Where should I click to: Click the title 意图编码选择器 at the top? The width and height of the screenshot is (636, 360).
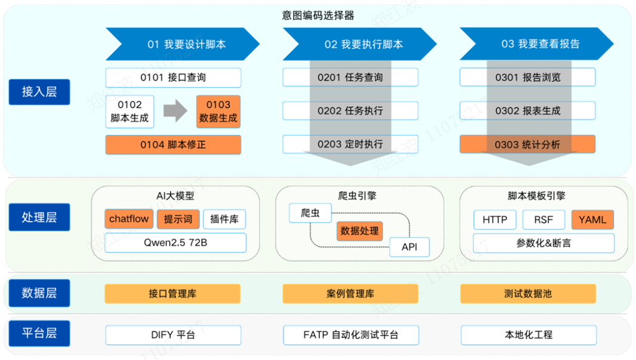coord(318,16)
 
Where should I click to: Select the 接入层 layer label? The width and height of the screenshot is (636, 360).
coord(39,92)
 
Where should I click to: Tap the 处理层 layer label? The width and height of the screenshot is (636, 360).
coord(39,217)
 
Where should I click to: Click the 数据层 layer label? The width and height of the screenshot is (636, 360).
coord(39,293)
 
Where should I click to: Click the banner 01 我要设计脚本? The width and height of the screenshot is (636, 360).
coord(183,44)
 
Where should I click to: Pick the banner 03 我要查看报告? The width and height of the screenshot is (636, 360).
coord(536,44)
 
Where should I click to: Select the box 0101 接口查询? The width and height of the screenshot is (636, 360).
coord(173,78)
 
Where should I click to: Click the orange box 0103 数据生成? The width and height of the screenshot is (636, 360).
coord(218,112)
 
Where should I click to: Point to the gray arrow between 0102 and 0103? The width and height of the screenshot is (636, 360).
coord(175,112)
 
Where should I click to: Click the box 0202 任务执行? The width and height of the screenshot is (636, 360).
coord(350,111)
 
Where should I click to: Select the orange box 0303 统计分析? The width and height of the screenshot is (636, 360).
coord(527,144)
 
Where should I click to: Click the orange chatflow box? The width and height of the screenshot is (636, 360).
coord(129,219)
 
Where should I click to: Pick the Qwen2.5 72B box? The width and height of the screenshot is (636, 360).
coord(175,243)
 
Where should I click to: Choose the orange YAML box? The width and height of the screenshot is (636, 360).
coord(592,220)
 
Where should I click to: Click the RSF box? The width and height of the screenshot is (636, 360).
coord(544,220)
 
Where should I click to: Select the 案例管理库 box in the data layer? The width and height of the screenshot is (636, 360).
coord(350,294)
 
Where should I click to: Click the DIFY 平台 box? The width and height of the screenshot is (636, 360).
coord(173,335)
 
